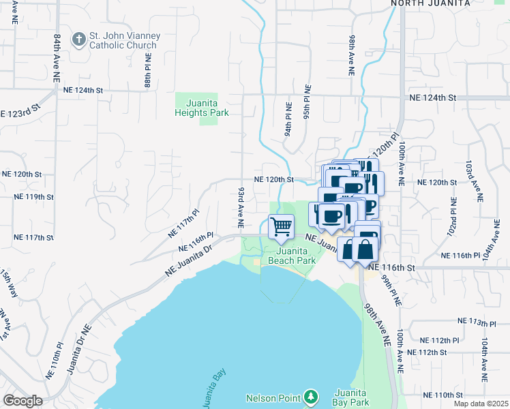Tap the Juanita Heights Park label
(201, 108)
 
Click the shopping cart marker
(281, 226)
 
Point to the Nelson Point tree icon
(310, 396)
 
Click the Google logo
(22, 401)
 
